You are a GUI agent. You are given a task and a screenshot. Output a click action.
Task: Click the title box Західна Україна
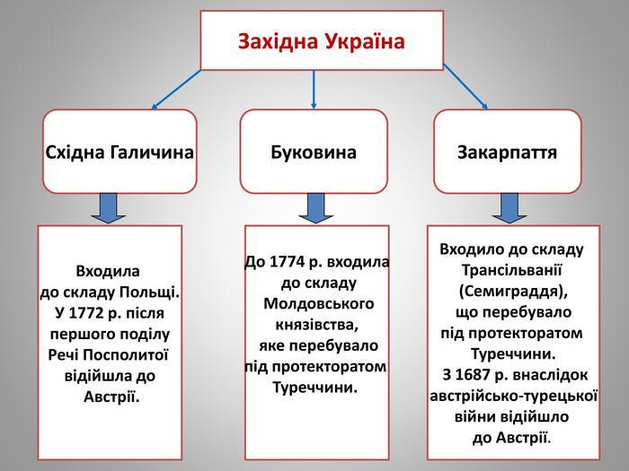[x=322, y=41]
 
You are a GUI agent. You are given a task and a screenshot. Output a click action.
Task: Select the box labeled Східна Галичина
[x=120, y=152]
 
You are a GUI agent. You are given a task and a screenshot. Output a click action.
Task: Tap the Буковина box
[x=314, y=152]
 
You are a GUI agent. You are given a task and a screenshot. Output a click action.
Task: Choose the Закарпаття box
[x=508, y=152]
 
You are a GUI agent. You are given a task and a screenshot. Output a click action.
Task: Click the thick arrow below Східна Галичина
[x=109, y=208]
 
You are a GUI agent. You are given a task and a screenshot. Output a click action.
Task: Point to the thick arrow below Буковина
[x=315, y=208]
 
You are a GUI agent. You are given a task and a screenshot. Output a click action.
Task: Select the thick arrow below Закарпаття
[x=509, y=208]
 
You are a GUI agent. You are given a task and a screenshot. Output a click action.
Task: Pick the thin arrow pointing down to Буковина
[x=314, y=90]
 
